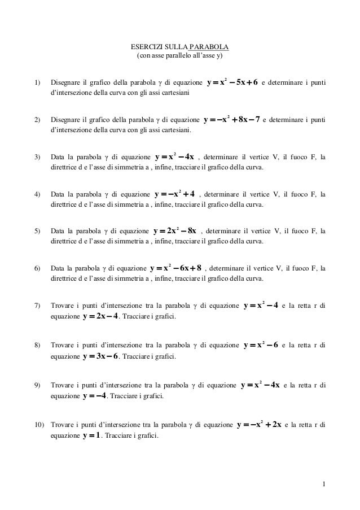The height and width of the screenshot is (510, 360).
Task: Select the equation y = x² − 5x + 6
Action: pos(232,82)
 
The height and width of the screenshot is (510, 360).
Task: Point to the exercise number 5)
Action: pos(38,232)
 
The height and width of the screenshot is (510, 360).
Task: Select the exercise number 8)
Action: pos(38,343)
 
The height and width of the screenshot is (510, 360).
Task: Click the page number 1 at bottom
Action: pos(324,483)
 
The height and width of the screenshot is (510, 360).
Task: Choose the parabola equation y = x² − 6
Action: pos(261,343)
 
